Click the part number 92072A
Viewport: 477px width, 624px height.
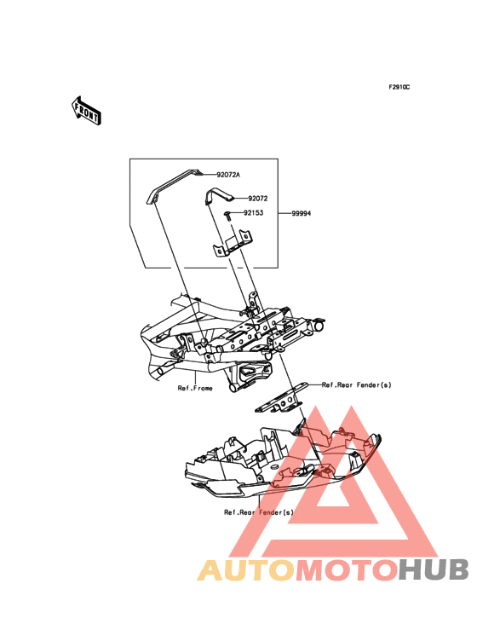228,175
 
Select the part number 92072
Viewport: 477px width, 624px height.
233,198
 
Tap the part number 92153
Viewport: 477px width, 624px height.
233,213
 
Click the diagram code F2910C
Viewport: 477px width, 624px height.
399,87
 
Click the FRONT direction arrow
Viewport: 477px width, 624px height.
86,111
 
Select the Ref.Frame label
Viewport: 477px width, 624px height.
195,388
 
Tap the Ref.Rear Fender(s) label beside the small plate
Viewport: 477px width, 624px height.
356,384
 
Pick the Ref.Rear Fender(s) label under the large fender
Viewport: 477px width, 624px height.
258,512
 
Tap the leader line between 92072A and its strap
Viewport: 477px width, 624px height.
208,175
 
